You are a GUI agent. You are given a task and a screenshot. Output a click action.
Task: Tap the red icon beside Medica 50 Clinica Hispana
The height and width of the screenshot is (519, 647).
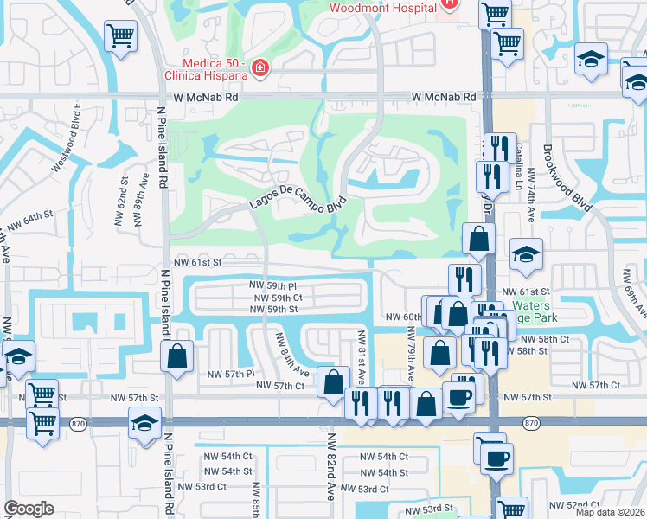coord(259,67)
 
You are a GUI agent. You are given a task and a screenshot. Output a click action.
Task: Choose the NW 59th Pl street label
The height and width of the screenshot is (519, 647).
coord(272,285)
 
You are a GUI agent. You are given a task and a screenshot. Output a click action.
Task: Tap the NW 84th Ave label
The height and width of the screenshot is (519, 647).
coord(291,355)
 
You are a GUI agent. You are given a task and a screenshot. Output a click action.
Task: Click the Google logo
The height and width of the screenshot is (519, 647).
coord(29,509)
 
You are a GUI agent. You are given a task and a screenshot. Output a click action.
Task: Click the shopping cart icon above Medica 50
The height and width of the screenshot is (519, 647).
coord(121,36)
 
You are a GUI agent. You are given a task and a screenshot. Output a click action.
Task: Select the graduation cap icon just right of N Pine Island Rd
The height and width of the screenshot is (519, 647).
coord(144,422)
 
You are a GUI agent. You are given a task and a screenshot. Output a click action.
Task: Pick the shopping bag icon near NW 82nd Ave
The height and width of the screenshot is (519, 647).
coord(333,381)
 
